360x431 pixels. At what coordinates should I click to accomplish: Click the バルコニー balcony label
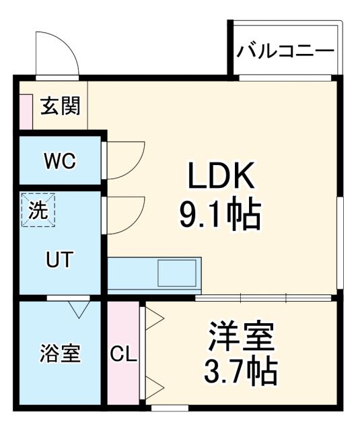pyautogui.click(x=285, y=51)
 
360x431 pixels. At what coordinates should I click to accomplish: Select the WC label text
pyautogui.click(x=60, y=162)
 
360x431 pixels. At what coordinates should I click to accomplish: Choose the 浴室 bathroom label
pyautogui.click(x=60, y=354)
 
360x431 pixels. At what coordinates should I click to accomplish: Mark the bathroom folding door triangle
pyautogui.click(x=79, y=309)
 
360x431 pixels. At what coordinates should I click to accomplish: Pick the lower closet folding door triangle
pyautogui.click(x=154, y=387)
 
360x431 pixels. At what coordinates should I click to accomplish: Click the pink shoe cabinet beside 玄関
pyautogui.click(x=26, y=112)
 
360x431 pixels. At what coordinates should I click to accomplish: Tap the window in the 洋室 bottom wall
pyautogui.click(x=170, y=407)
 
